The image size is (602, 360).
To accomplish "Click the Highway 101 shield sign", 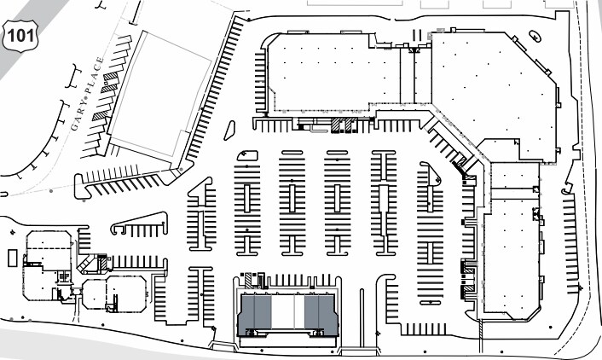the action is coord(20,36).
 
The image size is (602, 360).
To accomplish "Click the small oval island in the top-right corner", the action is coord(535,36).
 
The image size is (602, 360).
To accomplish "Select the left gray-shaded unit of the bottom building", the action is coord(255,312).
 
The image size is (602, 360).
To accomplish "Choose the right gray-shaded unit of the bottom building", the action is coord(321,312).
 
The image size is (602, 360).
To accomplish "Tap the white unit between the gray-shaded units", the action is coord(288,311).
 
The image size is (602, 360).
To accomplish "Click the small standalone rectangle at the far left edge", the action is coord(12,258).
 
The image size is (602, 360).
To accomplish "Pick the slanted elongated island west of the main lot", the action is coord(229,131).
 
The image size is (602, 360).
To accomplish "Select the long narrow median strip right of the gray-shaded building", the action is coord(362,318).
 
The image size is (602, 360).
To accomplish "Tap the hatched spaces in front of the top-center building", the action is coord(344,125).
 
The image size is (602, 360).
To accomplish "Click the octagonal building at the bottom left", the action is coord(114,293).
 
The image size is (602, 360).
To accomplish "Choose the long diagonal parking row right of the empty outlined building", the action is coord(216,89).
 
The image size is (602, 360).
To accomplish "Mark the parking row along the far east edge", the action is coord(570,244).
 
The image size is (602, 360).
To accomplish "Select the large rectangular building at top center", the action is coord(333,73).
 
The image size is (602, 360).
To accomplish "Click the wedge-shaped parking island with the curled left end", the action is coord(140,224).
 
